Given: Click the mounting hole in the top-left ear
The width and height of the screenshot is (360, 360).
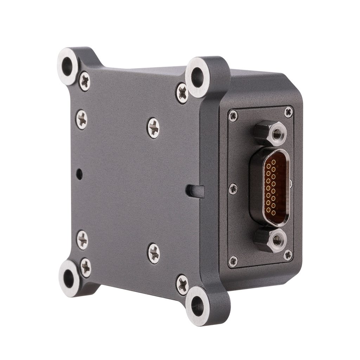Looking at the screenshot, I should tap(67, 65).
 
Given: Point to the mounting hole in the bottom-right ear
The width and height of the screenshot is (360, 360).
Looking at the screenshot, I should tap(197, 306).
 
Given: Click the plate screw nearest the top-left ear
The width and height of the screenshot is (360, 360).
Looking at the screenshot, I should tap(84, 81).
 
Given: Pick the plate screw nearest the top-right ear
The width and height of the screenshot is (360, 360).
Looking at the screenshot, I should tap(182, 93).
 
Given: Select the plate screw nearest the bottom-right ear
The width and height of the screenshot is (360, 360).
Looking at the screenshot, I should tap(182, 284).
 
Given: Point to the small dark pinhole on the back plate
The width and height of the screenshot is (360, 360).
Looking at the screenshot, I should tap(80, 173).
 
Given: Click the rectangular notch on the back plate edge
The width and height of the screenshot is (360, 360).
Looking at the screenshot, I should tap(195, 191).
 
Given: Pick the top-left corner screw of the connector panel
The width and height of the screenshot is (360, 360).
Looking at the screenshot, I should tap(233, 115).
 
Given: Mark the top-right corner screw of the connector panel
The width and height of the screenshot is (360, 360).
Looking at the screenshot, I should tap(288, 112).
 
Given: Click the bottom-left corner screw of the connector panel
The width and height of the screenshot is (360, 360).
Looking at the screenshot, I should tap(233, 261).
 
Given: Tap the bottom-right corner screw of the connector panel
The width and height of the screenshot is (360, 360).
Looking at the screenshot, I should tap(288, 255).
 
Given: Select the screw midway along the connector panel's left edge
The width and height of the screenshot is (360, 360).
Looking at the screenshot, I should tap(233, 189).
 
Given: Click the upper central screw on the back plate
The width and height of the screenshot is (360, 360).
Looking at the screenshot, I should tap(153, 128).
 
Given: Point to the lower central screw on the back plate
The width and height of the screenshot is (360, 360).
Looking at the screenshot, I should tap(154, 253).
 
